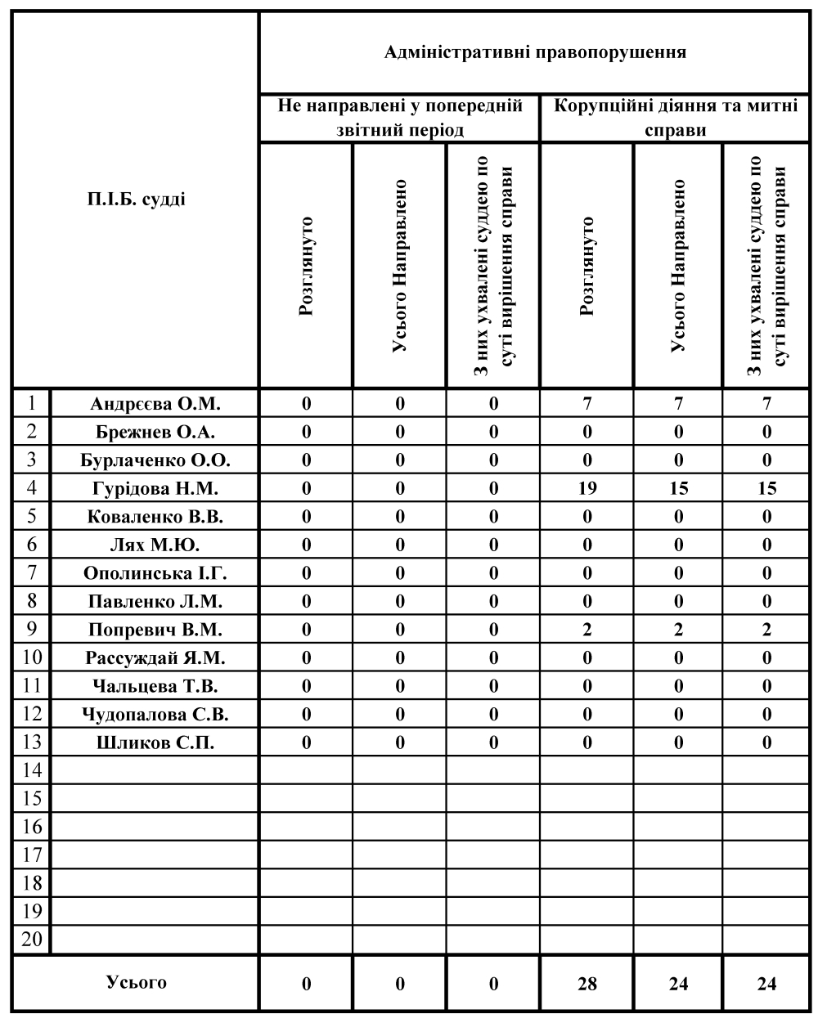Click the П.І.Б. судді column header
137,199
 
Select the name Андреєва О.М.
155,403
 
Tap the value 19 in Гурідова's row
587,489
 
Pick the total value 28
587,984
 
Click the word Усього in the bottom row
137,982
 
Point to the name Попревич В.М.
155,630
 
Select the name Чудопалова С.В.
155,715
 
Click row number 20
32,939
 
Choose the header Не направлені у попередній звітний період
400,118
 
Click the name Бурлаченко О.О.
155,460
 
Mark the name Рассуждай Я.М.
155,658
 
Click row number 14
32,770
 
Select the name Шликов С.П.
155,743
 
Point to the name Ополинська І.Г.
155,573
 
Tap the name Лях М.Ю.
155,545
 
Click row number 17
32,855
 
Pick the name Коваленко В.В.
155,517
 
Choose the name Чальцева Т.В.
155,686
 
